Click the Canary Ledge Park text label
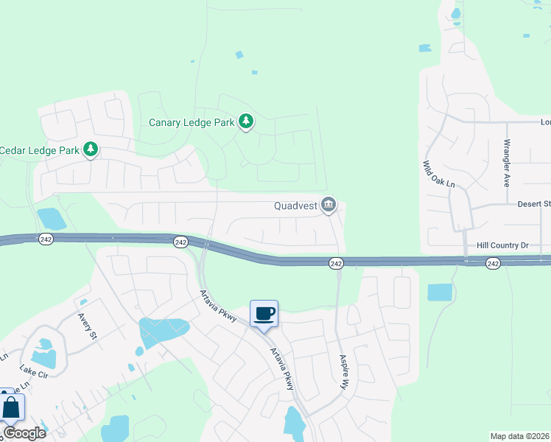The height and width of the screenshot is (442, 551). click(x=191, y=122)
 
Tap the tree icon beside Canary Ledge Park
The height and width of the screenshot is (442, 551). click(x=246, y=122)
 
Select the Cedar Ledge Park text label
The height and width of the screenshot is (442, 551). click(x=39, y=150)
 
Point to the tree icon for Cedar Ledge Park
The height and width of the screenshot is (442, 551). click(x=91, y=150)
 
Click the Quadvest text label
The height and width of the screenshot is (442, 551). click(x=295, y=206)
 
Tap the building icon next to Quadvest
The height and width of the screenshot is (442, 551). click(x=329, y=206)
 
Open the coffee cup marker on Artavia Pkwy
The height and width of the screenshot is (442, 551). click(x=264, y=315)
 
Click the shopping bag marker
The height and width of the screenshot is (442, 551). click(x=11, y=407)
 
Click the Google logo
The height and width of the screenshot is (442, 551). click(x=24, y=433)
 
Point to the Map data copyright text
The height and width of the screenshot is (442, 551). click(x=520, y=436)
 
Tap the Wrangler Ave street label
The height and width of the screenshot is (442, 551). click(x=507, y=162)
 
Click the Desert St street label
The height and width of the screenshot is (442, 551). click(x=534, y=204)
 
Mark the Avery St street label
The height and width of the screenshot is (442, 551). click(x=88, y=324)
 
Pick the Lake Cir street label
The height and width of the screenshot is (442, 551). click(x=32, y=372)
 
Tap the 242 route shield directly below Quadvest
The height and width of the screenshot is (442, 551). click(x=335, y=263)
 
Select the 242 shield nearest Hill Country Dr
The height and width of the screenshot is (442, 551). click(x=493, y=263)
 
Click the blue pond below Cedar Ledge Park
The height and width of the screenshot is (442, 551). click(x=51, y=218)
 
